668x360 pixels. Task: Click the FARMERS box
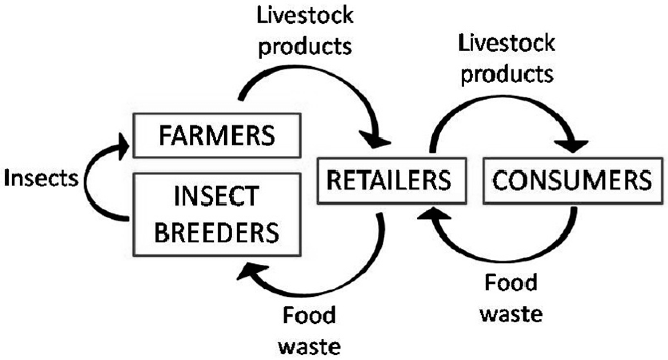(x=217, y=135)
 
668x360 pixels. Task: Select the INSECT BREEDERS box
(x=217, y=214)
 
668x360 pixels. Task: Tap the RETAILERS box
(x=392, y=180)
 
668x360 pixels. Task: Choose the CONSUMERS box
(x=573, y=180)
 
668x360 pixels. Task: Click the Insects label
(x=41, y=178)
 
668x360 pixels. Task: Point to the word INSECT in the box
(x=217, y=196)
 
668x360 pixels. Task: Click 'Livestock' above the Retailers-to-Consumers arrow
(x=507, y=43)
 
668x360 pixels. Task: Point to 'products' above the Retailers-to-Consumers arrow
(x=507, y=74)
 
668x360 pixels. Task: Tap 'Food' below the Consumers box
(x=511, y=283)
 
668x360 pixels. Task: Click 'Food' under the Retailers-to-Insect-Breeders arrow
(x=309, y=315)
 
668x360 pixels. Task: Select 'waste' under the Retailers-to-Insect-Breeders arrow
(x=309, y=347)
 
